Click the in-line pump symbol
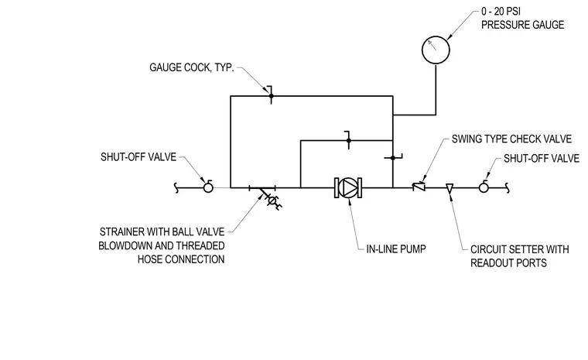348,187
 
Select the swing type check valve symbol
419,187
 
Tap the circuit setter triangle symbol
450,188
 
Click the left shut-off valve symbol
208,187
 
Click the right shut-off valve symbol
484,187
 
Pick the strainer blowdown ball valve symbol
272,201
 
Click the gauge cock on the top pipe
271,96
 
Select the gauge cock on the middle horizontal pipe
348,140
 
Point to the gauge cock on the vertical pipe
393,158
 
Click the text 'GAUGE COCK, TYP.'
192,67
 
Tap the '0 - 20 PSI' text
501,12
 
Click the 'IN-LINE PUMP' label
396,249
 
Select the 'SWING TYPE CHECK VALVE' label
511,139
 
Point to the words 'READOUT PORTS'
508,262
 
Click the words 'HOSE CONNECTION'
181,259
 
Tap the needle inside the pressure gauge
432,45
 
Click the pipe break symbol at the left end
176,187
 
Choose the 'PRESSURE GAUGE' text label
523,25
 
